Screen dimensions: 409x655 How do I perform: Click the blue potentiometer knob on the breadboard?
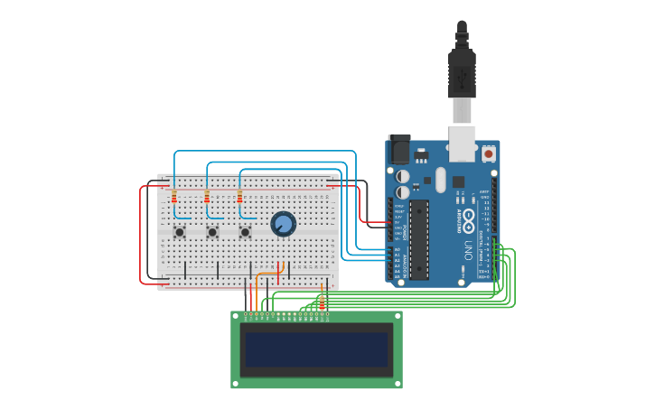pyautogui.click(x=283, y=224)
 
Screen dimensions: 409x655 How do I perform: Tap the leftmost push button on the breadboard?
pyautogui.click(x=180, y=232)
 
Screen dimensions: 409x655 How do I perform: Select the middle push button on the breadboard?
pyautogui.click(x=212, y=232)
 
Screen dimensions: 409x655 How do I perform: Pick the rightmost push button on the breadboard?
pyautogui.click(x=245, y=232)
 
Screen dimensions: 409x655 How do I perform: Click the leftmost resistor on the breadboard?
pyautogui.click(x=173, y=197)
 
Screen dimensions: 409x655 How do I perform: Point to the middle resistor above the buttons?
pyautogui.click(x=207, y=197)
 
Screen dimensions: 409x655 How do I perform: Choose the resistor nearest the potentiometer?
pyautogui.click(x=239, y=197)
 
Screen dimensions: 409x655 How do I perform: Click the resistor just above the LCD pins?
pyautogui.click(x=322, y=301)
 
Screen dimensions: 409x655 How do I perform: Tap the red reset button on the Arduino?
pyautogui.click(x=489, y=153)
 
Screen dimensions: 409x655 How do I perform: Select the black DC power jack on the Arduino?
pyautogui.click(x=398, y=149)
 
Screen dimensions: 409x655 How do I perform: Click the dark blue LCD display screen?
pyautogui.click(x=316, y=349)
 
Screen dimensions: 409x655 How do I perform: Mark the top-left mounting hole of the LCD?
pyautogui.click(x=237, y=317)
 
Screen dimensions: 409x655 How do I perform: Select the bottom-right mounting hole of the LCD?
pyautogui.click(x=397, y=383)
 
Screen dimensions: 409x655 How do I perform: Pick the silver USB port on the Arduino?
pyautogui.click(x=463, y=142)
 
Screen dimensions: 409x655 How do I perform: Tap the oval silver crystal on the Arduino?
pyautogui.click(x=440, y=180)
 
